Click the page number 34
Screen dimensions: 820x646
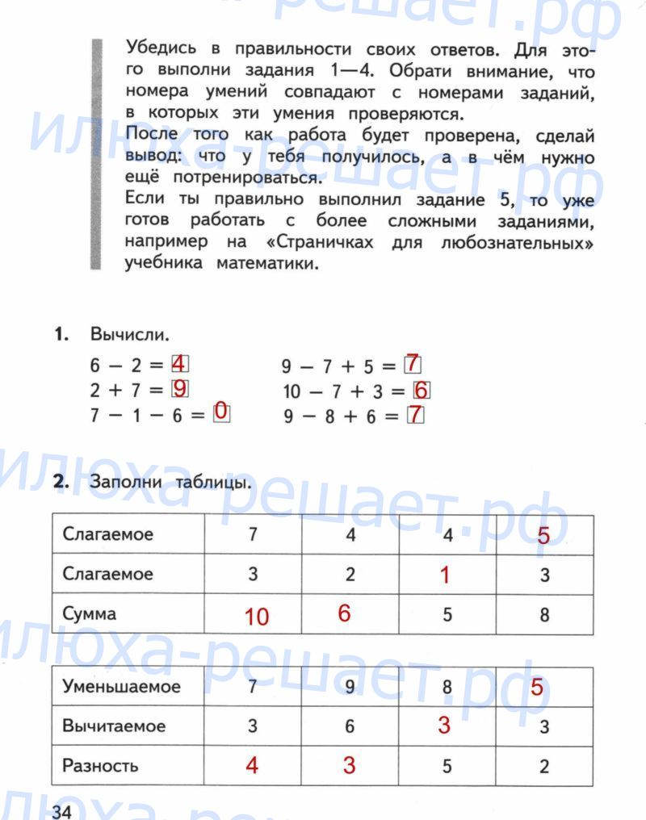(x=63, y=811)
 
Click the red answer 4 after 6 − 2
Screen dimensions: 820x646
(x=179, y=363)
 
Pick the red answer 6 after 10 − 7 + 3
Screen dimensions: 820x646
(x=422, y=391)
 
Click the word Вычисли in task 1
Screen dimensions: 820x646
(x=131, y=334)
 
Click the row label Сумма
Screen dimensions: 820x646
(x=90, y=613)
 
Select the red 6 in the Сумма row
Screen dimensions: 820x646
(x=345, y=613)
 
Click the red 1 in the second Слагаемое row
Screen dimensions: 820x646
(x=444, y=575)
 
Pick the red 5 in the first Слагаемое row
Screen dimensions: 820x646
(x=543, y=536)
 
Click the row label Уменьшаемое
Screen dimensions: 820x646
(x=121, y=687)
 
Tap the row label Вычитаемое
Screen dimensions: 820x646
(x=114, y=726)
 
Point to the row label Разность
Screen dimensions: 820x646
(x=100, y=765)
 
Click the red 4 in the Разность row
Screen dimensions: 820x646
(x=252, y=765)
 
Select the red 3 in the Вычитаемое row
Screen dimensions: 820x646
(x=444, y=725)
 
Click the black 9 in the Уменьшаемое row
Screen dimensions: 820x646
(x=350, y=688)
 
